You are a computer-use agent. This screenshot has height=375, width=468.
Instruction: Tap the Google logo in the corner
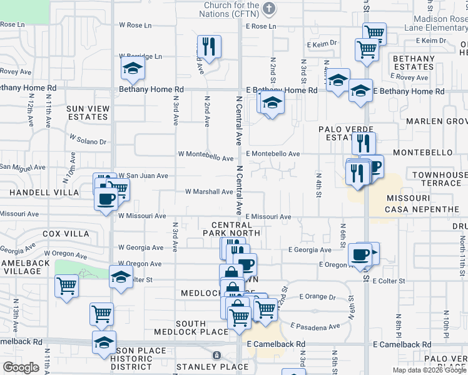tap(21, 367)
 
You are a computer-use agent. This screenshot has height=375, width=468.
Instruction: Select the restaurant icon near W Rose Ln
tap(208, 46)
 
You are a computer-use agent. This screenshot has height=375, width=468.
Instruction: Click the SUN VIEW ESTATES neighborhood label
tap(88, 112)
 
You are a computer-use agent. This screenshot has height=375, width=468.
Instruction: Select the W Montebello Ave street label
tap(206, 154)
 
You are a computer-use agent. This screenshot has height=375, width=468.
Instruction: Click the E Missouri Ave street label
tap(268, 217)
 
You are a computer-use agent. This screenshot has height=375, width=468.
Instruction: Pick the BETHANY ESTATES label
tap(414, 62)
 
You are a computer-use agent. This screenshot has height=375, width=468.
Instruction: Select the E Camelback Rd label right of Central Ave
tap(276, 344)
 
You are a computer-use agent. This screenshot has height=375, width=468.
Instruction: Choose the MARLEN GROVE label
tap(437, 121)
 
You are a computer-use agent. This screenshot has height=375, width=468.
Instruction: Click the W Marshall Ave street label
tap(210, 192)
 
